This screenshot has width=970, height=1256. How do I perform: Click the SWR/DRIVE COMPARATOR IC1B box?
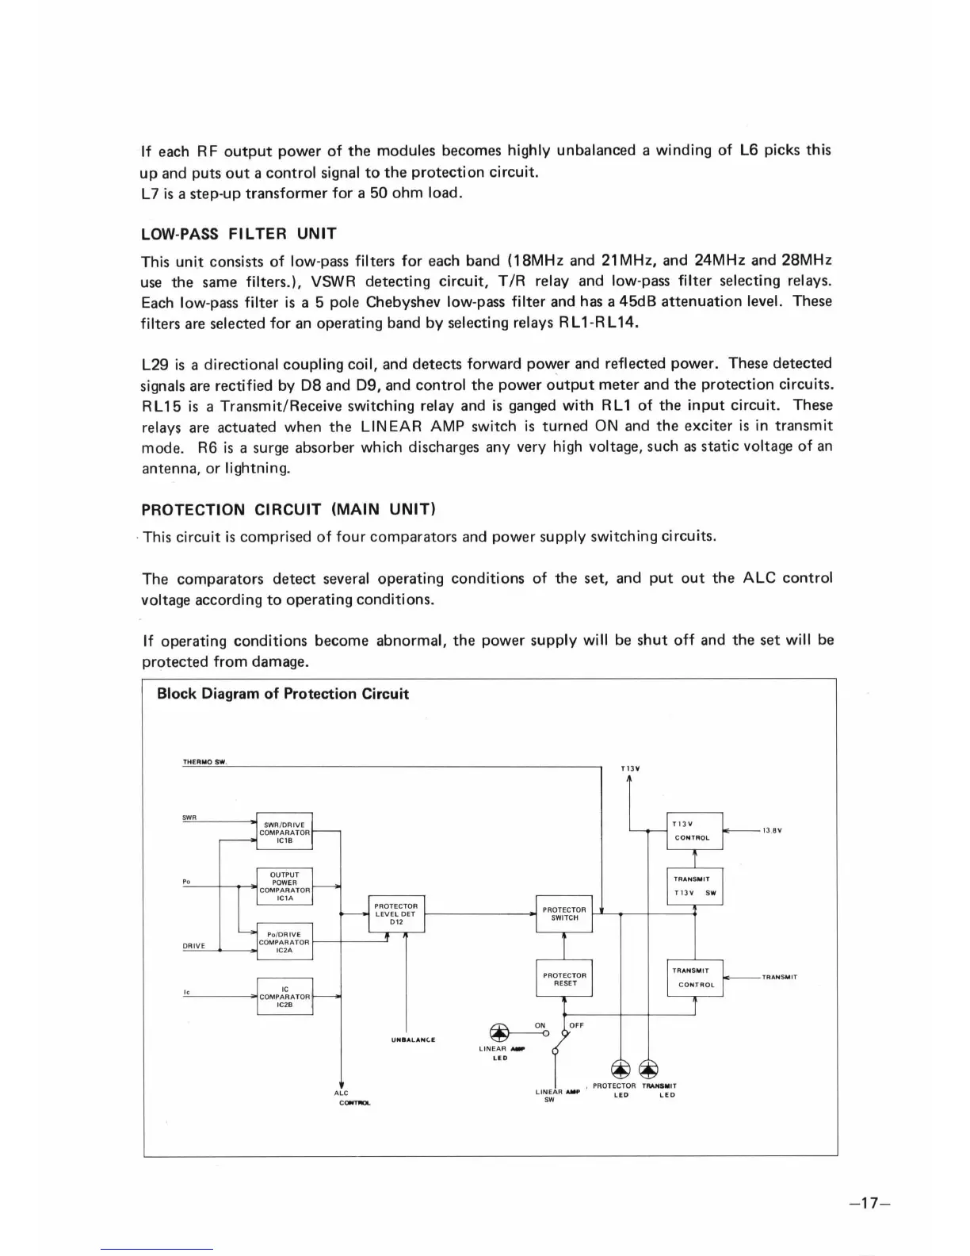pos(285,831)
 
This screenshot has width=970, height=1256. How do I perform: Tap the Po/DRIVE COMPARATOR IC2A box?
pos(285,941)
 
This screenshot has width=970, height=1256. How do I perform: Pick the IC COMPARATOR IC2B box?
pos(285,996)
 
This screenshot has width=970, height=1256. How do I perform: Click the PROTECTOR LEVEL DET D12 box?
pos(396,913)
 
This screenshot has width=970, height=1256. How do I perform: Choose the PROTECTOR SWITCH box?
pos(564,913)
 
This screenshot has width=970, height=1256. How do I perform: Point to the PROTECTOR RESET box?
pos(564,978)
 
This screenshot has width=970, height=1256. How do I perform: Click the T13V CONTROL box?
pos(694,831)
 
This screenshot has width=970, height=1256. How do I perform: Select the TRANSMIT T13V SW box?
pos(694,886)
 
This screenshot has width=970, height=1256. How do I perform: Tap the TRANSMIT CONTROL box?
pos(694,978)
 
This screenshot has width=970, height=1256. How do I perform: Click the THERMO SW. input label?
pos(205,762)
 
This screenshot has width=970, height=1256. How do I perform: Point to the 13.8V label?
pos(772,830)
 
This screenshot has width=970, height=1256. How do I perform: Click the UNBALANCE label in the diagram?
pos(414,1040)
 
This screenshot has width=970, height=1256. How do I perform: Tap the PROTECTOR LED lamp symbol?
pos(621,1070)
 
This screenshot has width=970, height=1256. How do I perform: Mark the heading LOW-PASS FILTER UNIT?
pos(239,234)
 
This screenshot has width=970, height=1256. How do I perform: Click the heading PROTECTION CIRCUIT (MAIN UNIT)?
pos(288,509)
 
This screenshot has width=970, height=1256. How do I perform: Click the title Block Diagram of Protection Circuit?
pos(283,694)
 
